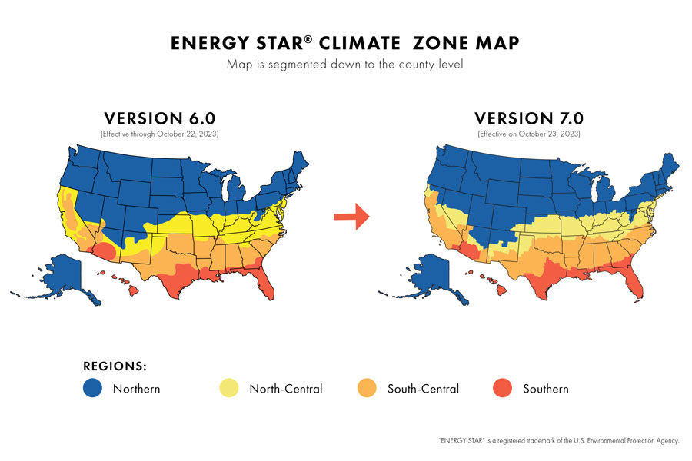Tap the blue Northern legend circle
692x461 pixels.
[92, 389]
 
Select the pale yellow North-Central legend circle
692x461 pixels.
[229, 389]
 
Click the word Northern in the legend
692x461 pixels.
[136, 389]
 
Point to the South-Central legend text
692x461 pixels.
[423, 389]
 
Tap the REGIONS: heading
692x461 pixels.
[115, 365]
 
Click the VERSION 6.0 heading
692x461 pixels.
[159, 118]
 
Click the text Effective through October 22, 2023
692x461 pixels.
[159, 134]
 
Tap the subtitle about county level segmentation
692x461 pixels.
[345, 65]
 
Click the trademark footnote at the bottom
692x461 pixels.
[558, 440]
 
